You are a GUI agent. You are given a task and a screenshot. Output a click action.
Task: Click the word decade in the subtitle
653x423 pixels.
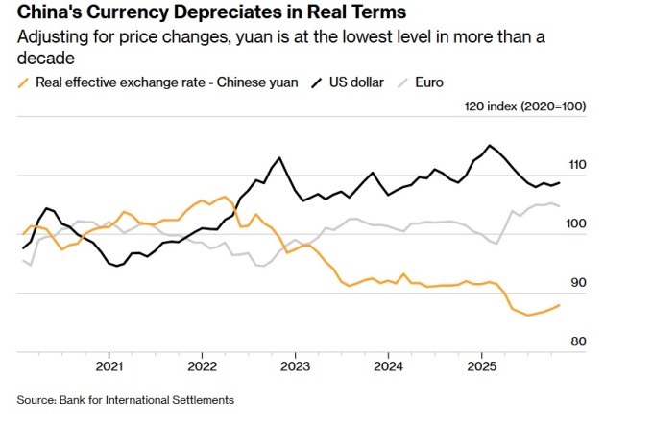[x=44, y=59]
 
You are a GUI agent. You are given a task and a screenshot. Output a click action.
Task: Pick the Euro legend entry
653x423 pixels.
[x=428, y=82]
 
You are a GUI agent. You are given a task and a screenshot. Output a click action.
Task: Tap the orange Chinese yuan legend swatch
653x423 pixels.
[x=23, y=82]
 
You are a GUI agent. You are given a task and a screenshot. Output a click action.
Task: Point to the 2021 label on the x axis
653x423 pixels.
[x=109, y=366]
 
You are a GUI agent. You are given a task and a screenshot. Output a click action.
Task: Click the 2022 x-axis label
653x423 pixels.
[x=203, y=366]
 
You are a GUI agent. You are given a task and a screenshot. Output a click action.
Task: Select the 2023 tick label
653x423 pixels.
[x=295, y=366]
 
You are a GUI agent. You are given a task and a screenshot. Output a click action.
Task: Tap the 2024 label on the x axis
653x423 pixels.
[x=388, y=366]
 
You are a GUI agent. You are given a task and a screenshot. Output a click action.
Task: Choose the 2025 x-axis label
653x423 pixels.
[x=481, y=366]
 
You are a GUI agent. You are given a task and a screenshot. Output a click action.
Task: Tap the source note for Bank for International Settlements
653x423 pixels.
[x=125, y=399]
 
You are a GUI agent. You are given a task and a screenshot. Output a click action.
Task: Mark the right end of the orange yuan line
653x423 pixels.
[x=560, y=305]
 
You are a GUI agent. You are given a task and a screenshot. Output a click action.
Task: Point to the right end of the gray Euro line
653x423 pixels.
[x=560, y=206]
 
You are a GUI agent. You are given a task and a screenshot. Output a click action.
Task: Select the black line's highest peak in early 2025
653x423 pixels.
[x=490, y=146]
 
